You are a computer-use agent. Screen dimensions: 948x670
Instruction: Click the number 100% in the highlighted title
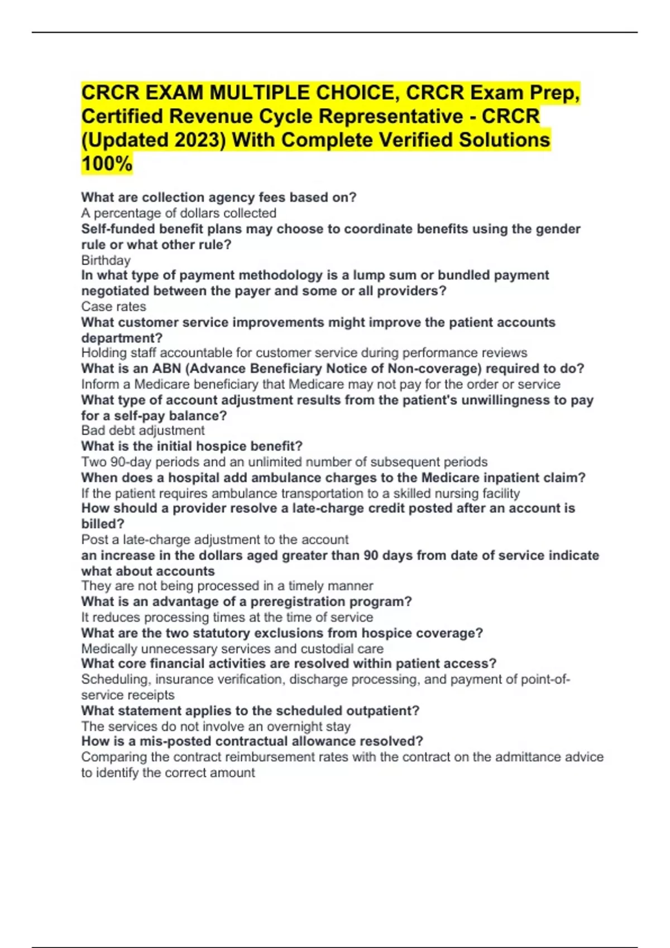pos(107,163)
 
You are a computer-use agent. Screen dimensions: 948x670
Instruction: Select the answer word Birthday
pos(106,260)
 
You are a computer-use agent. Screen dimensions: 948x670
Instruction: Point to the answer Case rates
pos(113,307)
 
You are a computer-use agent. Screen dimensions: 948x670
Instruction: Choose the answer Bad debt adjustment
pos(143,431)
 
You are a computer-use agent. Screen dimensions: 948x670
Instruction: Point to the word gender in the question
pos(558,229)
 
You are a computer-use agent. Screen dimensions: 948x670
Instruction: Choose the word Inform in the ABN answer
pos(99,384)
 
